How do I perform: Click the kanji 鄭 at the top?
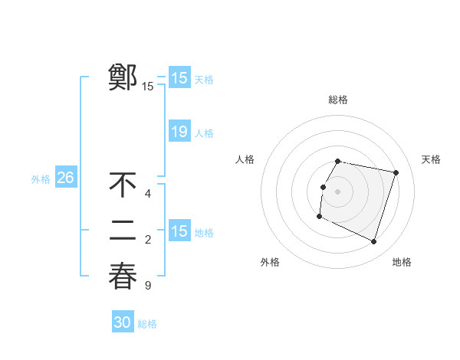(x=123, y=77)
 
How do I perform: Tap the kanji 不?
(x=123, y=185)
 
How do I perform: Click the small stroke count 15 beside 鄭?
(x=148, y=87)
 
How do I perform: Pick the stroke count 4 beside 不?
(x=148, y=194)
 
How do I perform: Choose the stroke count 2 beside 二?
(x=148, y=240)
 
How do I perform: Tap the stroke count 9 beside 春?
(x=148, y=286)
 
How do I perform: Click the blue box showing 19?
(x=179, y=132)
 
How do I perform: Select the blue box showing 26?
(x=65, y=178)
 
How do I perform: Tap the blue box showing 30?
(x=123, y=322)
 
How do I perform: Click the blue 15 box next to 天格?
(x=179, y=77)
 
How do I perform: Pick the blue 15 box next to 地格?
(x=179, y=231)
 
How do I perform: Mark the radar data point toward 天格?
(x=396, y=173)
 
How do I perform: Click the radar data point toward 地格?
(x=374, y=242)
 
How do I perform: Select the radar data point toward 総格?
(x=338, y=162)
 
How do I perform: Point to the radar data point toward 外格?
(x=320, y=217)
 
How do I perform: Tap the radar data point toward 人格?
(x=324, y=187)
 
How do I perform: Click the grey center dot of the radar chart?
(x=338, y=191)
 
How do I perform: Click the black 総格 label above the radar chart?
(x=338, y=100)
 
